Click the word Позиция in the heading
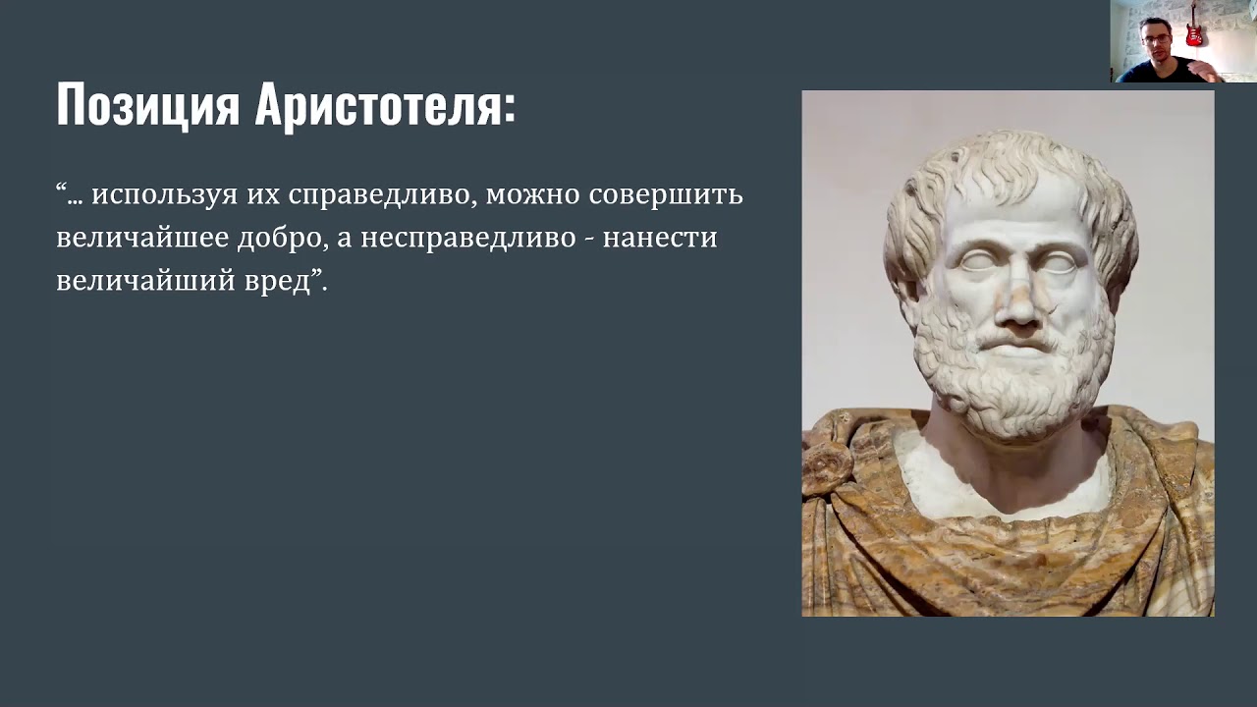147,106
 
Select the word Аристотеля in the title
385,106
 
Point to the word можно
531,194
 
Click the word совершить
666,194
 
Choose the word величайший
146,282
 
